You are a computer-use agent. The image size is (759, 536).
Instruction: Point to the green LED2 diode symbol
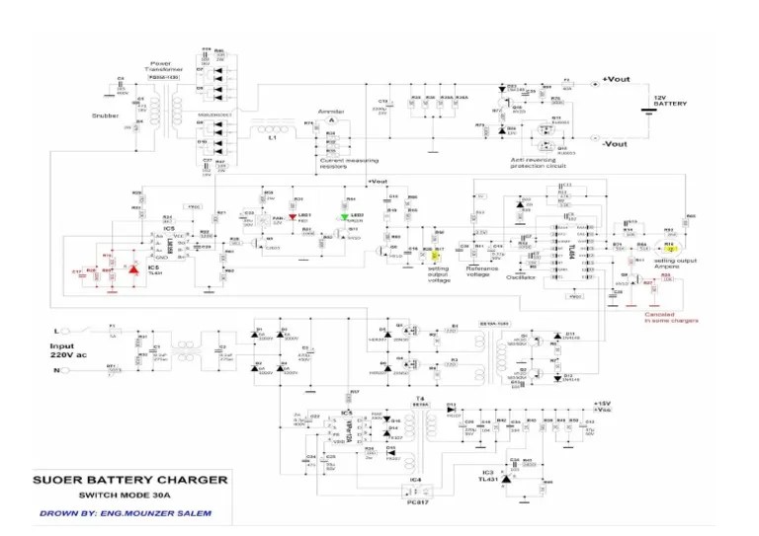tap(346, 215)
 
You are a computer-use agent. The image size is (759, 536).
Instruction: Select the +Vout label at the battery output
tap(616, 79)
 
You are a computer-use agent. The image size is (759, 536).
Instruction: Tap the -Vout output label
tap(614, 144)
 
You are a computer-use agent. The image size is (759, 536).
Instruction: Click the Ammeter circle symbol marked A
tap(331, 119)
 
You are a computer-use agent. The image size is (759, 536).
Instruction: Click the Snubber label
tap(106, 115)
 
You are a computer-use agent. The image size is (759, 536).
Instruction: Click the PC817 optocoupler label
tap(415, 500)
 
